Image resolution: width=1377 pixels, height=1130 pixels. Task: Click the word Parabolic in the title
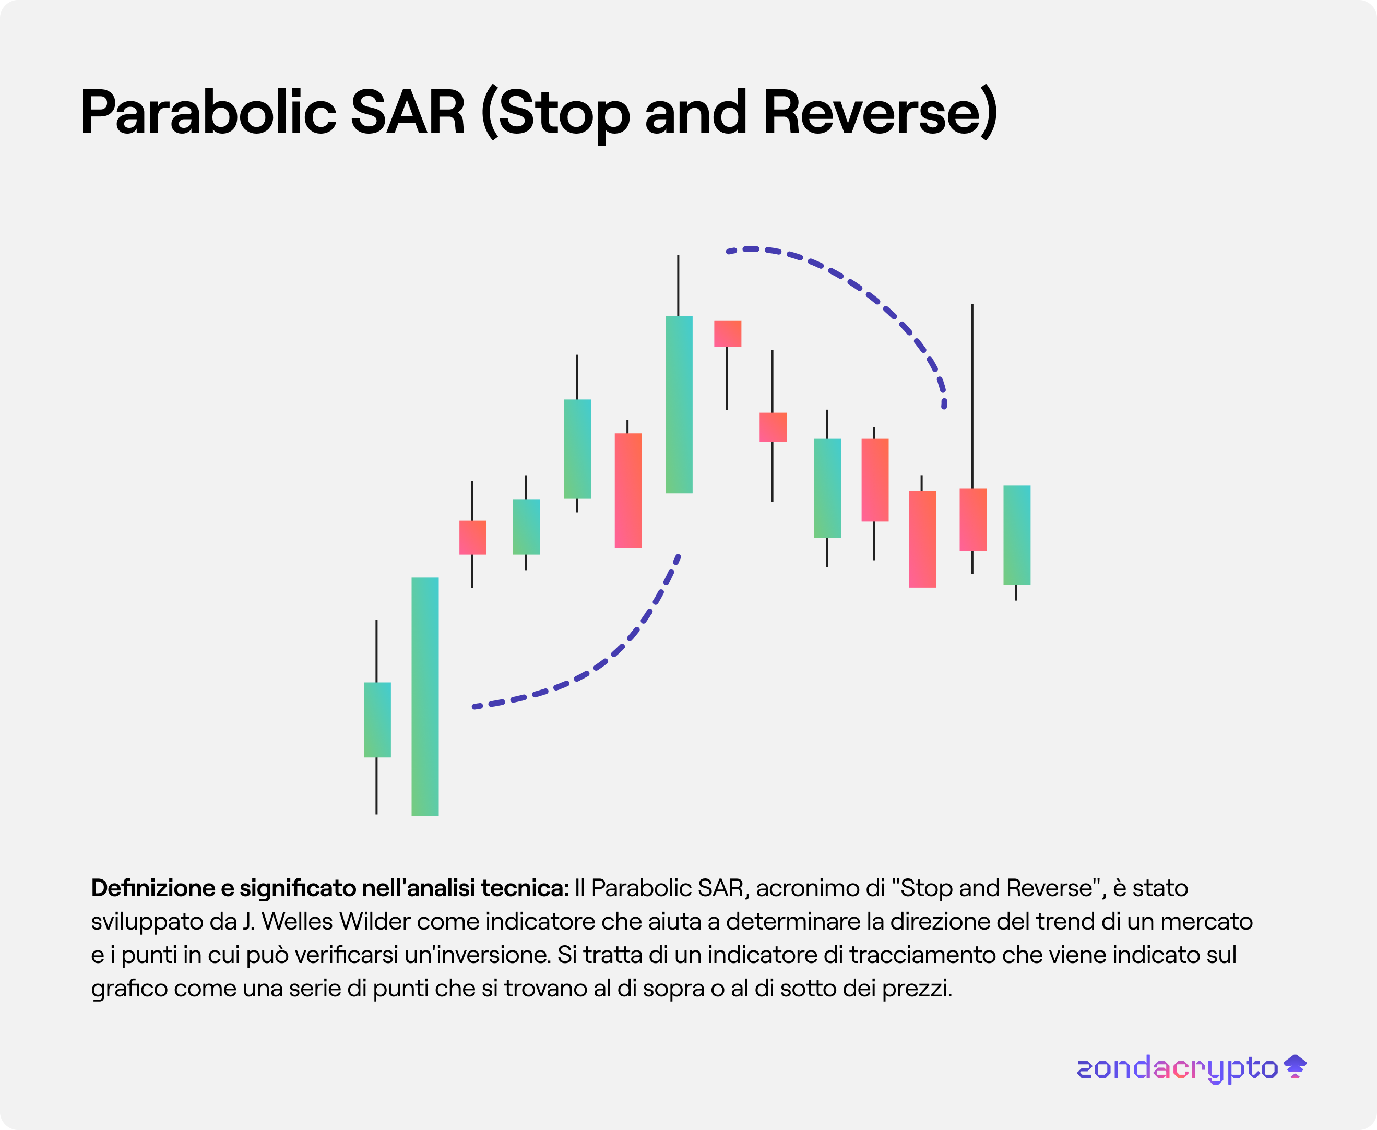208,112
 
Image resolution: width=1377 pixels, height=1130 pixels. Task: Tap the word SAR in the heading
408,112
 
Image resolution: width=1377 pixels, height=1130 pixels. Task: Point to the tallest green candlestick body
425,696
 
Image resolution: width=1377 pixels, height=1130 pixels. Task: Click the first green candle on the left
377,719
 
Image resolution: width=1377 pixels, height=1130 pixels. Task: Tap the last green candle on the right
1017,535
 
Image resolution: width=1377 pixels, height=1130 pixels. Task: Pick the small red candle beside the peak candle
728,334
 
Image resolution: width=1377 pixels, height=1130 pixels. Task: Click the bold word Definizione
153,888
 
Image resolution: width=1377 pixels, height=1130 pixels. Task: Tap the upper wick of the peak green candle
679,286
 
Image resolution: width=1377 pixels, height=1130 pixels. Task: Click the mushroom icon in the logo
1296,1066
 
